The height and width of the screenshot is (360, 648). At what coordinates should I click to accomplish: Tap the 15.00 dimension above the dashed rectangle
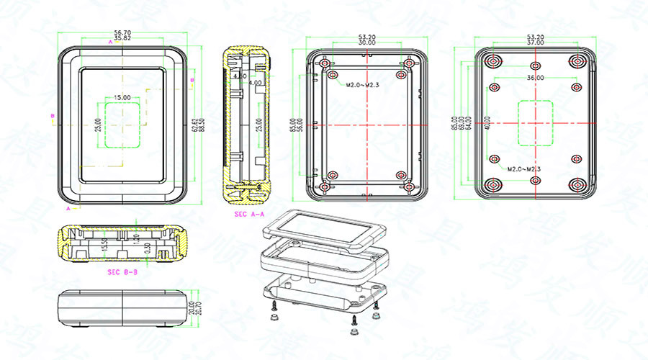[x=122, y=97]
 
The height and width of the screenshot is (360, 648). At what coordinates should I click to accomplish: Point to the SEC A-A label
[x=249, y=215]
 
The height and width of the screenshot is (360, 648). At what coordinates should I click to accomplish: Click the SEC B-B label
[x=122, y=272]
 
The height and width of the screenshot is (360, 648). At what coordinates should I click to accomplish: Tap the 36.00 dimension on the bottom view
[x=535, y=78]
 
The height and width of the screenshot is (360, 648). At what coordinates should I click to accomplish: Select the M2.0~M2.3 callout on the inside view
[x=362, y=85]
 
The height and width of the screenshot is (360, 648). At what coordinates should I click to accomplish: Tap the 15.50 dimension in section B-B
[x=105, y=246]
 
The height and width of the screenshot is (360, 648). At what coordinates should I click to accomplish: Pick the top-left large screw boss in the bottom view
[x=494, y=60]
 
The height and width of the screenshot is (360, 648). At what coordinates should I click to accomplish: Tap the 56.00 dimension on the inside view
[x=299, y=124]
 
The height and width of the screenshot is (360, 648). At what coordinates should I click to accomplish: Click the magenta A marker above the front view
[x=110, y=43]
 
